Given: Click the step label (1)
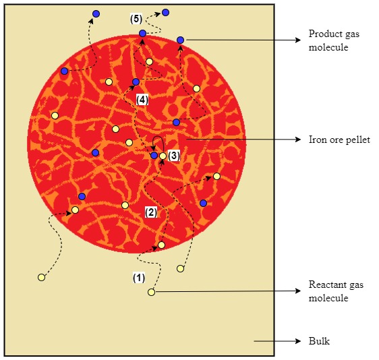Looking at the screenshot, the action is pos(139,278).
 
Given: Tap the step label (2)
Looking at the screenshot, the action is pos(151,212).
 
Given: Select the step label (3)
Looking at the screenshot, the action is pos(174,156).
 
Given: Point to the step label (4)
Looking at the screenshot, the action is pos(142,100).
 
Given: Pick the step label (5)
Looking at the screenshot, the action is pos(136,19).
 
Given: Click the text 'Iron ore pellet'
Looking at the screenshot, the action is pos(339,140).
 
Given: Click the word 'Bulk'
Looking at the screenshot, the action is pos(319,341).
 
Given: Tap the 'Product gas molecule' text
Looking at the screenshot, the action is pos(334,40).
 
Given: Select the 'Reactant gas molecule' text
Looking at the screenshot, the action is pos(336,291).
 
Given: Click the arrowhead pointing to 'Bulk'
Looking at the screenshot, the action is pos(298,341).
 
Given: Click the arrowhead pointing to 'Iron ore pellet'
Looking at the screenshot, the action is pos(298,140).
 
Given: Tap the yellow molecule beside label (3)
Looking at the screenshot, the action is pos(163,156).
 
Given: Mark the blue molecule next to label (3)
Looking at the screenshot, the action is pos(154,155).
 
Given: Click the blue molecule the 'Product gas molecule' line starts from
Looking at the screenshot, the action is pos(180,40).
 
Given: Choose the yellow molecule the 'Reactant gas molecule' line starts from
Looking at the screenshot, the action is pos(151,293).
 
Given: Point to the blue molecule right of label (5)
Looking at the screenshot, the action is pos(165,12).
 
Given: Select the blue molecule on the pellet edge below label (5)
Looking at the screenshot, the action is pos(142,33).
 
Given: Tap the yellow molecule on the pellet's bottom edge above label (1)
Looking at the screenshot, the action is pos(161,245).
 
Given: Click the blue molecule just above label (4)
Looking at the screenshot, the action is pos(136,82).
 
